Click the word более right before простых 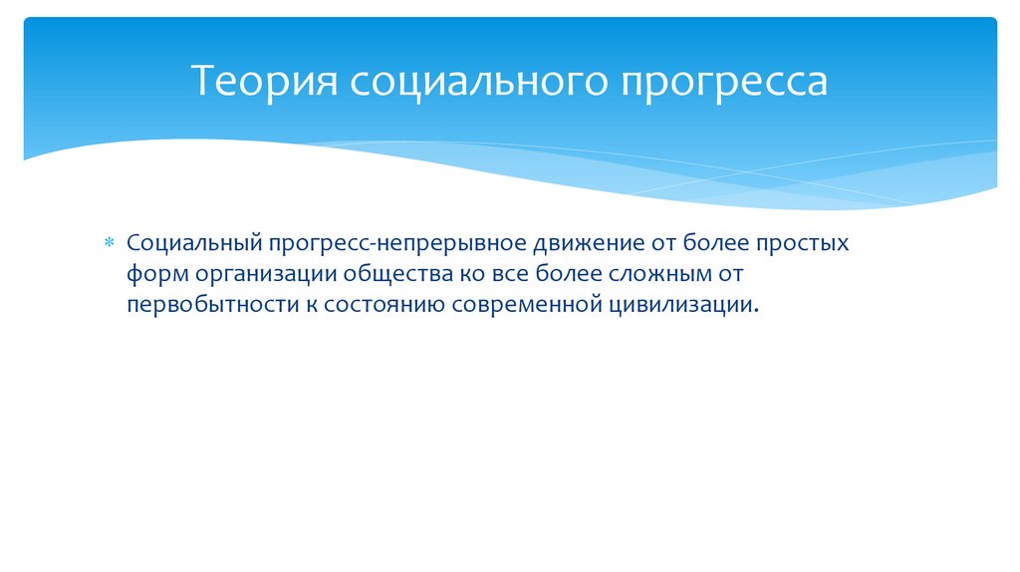[722, 244]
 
